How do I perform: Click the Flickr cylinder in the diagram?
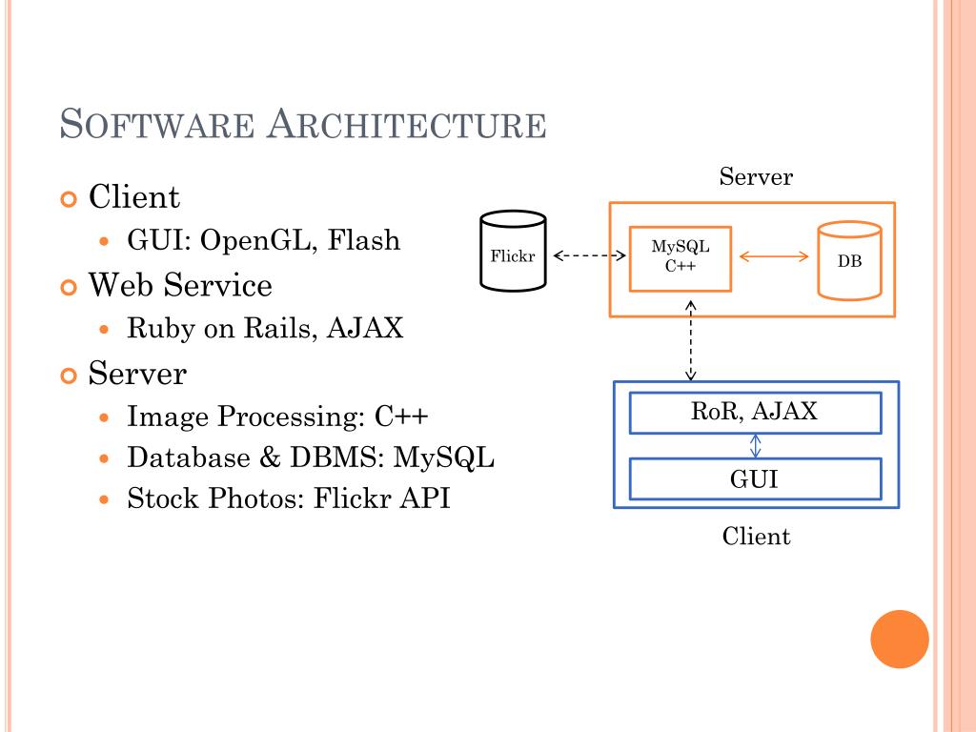(x=513, y=253)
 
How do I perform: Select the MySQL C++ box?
(x=680, y=257)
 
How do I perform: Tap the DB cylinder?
(x=849, y=259)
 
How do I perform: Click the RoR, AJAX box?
(x=755, y=413)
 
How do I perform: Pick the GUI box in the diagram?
(x=755, y=478)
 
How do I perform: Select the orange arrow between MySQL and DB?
(x=774, y=255)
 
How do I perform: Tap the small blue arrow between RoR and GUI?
(x=755, y=446)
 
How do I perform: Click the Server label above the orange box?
(x=756, y=177)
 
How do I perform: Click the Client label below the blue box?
(x=756, y=537)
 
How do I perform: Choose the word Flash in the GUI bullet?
(x=363, y=240)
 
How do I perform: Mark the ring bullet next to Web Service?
(x=68, y=287)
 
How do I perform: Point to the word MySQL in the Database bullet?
(x=445, y=457)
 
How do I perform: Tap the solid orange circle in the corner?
(x=899, y=639)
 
